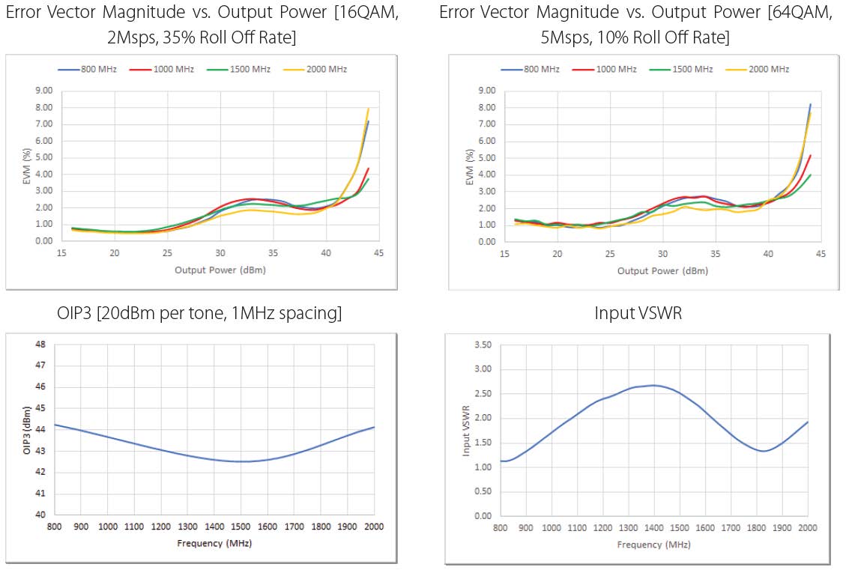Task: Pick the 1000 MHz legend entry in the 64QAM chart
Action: coord(614,69)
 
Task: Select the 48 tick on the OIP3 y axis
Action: coord(40,345)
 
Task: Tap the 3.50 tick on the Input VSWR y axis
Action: coord(482,345)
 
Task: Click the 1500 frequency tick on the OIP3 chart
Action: coord(241,528)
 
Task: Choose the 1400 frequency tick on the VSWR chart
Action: coord(653,528)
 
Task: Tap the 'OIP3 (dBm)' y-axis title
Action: coord(27,429)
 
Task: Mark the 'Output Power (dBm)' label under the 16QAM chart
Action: coord(220,270)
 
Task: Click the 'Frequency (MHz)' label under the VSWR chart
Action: coord(653,545)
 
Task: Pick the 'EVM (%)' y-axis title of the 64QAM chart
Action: coord(469,166)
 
